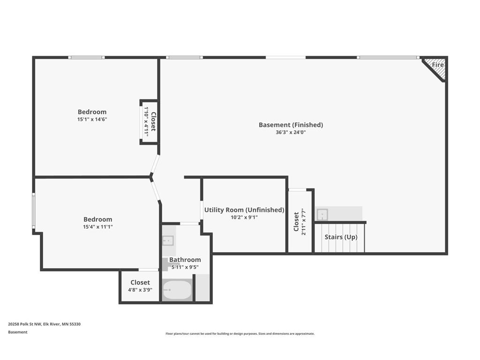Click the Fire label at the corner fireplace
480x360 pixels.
(x=437, y=65)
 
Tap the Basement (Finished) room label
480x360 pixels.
(x=291, y=125)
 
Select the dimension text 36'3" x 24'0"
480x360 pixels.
(x=291, y=133)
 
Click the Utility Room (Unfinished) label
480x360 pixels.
(x=244, y=210)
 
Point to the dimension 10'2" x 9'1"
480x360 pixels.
(x=244, y=217)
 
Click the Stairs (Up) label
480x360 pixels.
(x=341, y=237)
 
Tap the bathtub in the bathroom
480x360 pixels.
(x=177, y=290)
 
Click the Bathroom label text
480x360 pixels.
(x=185, y=260)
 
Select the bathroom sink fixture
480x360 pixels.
(x=168, y=240)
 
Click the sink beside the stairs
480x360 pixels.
(x=322, y=214)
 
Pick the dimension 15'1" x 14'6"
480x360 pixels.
(x=92, y=120)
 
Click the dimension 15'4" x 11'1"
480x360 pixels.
(x=98, y=227)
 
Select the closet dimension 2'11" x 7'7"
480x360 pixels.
(x=304, y=222)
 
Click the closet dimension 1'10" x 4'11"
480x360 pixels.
(x=146, y=121)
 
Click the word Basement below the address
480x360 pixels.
(x=18, y=332)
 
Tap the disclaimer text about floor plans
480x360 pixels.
(x=240, y=334)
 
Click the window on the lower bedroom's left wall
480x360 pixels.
(x=34, y=210)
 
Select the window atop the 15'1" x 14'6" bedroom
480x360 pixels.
(x=86, y=57)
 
